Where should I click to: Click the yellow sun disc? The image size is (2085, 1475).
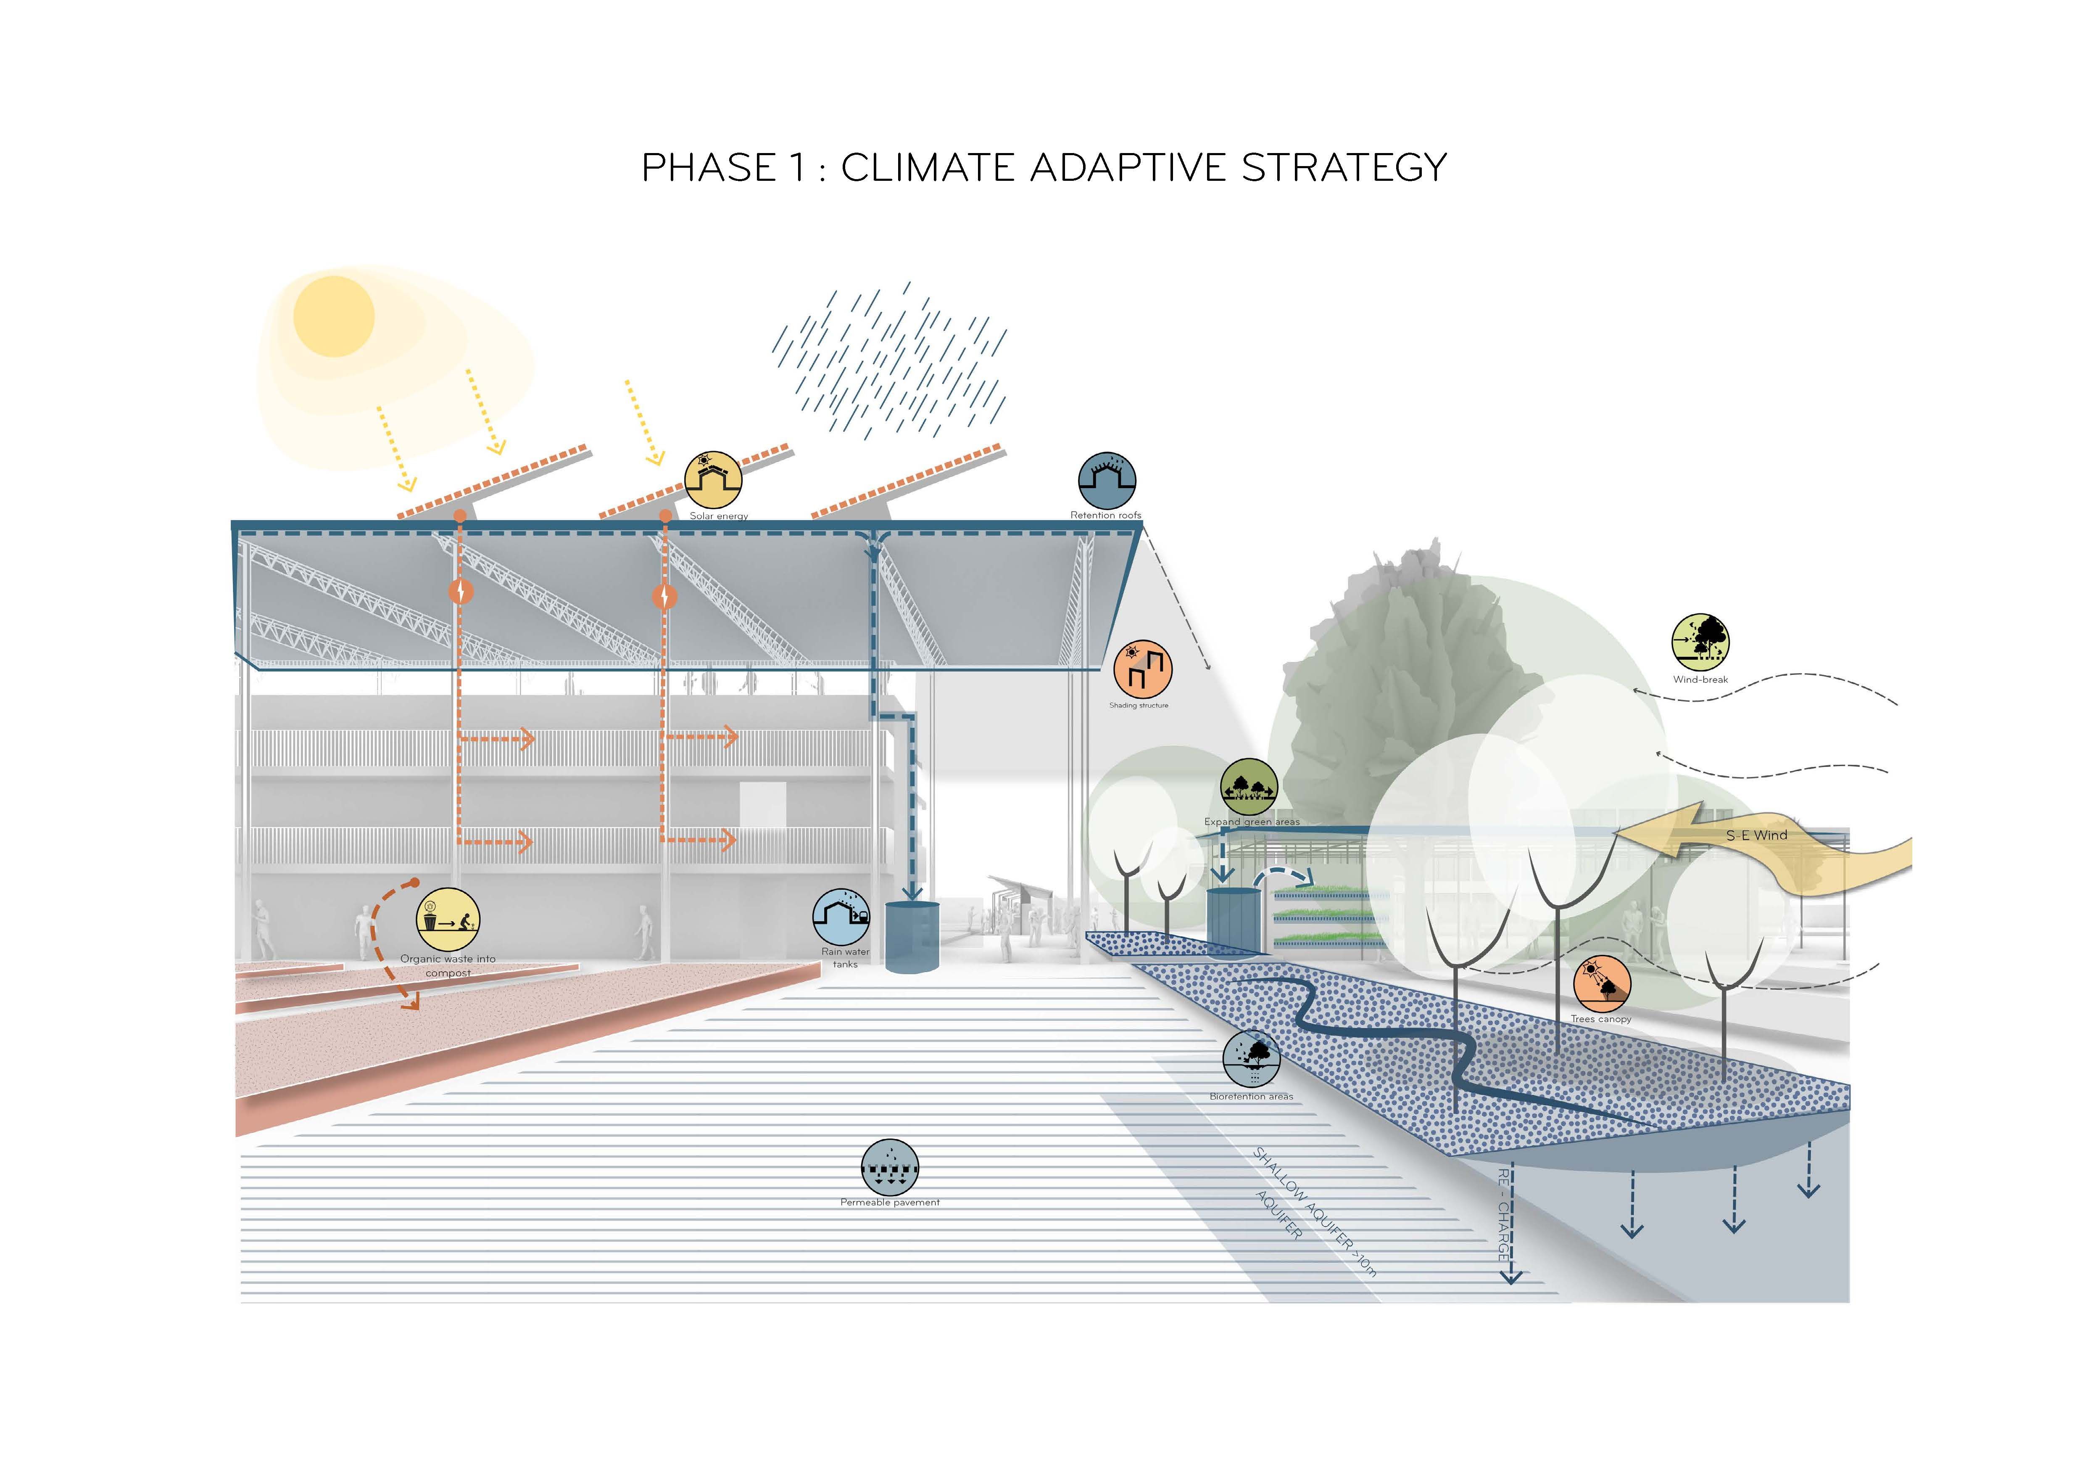pos(333,316)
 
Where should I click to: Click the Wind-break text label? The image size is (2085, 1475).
pos(1700,679)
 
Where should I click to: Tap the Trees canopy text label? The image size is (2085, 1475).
pos(1601,1019)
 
